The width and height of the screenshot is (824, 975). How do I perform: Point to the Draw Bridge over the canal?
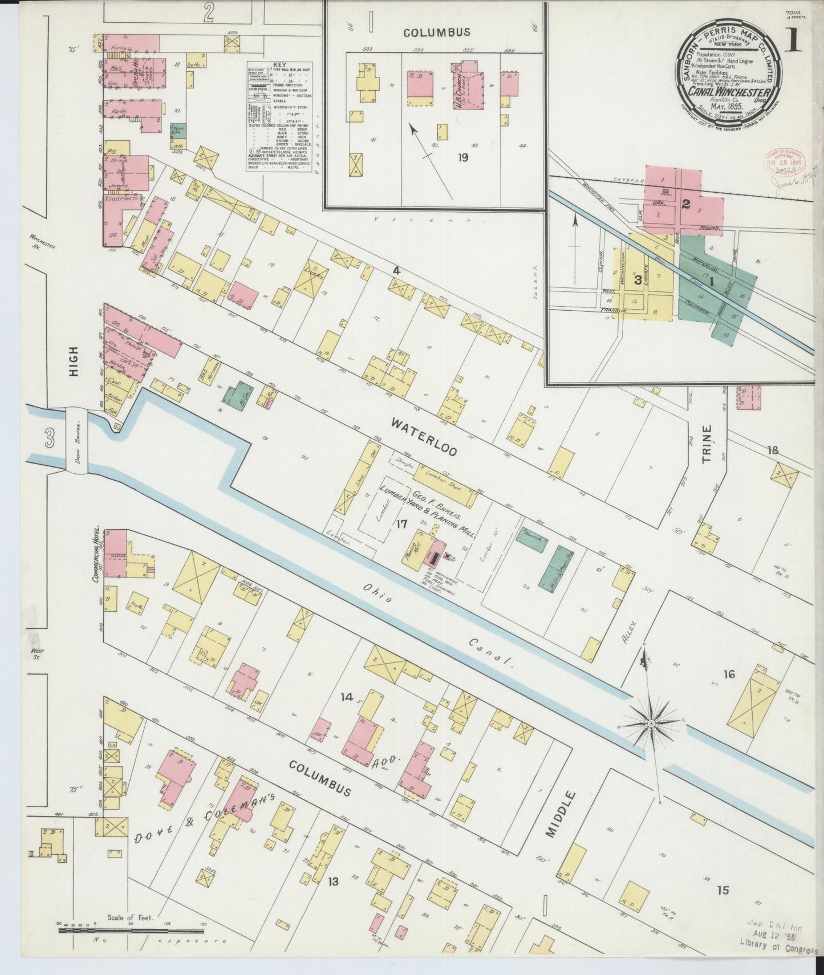(78, 441)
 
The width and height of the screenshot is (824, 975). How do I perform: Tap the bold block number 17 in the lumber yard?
(400, 521)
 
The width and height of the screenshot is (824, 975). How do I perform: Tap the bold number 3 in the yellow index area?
(638, 279)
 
